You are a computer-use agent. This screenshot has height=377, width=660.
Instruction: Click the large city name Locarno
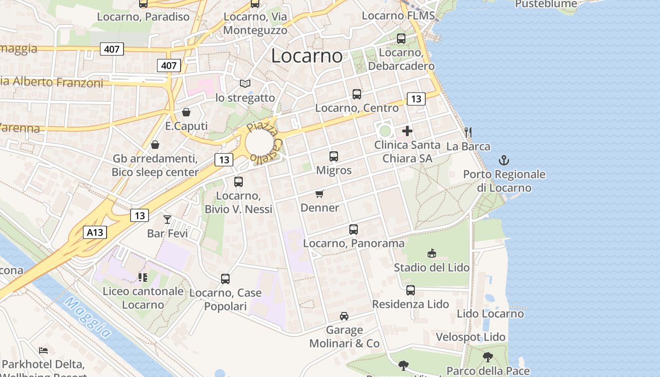(x=307, y=56)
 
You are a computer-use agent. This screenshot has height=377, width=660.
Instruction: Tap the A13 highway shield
(x=95, y=232)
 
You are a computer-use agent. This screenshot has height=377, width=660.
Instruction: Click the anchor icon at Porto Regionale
(x=504, y=160)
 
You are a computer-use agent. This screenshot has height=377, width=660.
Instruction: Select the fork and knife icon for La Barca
(x=468, y=132)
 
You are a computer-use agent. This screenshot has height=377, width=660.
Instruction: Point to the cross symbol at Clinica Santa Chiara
(x=407, y=131)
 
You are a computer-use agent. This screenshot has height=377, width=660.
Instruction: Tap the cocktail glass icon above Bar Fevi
(x=167, y=219)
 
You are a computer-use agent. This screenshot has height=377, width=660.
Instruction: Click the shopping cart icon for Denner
(x=320, y=194)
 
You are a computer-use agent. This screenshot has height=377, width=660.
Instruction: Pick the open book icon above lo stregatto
(x=245, y=84)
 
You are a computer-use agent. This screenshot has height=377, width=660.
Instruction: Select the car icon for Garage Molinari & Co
(x=344, y=316)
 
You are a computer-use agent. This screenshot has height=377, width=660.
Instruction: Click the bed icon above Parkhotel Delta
(x=43, y=351)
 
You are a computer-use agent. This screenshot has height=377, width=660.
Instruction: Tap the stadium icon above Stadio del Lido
(x=431, y=254)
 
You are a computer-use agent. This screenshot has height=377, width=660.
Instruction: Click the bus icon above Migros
(x=334, y=156)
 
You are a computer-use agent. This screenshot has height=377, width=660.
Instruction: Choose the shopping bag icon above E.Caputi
(x=186, y=112)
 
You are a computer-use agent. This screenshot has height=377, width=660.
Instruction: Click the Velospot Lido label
(x=470, y=337)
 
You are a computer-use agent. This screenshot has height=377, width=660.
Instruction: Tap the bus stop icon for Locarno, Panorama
(x=354, y=229)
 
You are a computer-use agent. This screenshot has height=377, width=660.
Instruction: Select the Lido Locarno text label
(x=490, y=314)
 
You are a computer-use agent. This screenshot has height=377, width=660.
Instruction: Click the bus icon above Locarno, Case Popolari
(x=225, y=279)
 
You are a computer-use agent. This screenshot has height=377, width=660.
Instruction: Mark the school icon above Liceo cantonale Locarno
(x=142, y=277)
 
